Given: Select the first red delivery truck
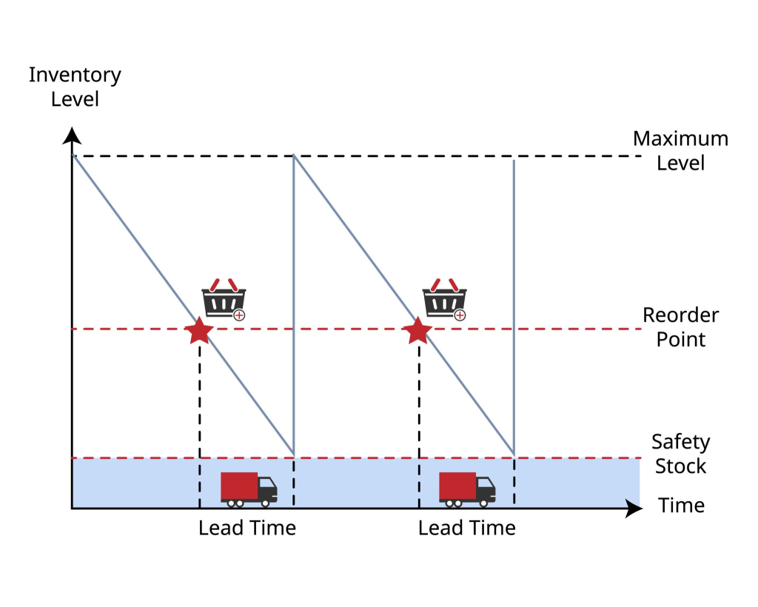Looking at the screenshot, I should coord(249,489).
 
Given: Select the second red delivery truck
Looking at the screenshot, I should coord(467,489).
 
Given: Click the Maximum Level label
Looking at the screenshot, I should coord(680,150).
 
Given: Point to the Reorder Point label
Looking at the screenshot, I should coord(680,327).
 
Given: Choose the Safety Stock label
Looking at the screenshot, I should coord(680,454).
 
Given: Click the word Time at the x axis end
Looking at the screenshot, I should coord(681,506).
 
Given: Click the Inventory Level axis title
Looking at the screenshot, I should coord(75,87).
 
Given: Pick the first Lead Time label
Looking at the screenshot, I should coord(246,529).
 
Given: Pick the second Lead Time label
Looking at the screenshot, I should coord(466,529).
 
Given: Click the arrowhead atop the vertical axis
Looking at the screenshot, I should coord(72,135).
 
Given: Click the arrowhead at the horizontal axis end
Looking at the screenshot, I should coord(634,509).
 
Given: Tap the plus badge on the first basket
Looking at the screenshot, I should coord(239,315).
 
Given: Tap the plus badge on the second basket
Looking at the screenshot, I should coord(460,315).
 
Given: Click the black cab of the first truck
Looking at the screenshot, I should coord(267,489).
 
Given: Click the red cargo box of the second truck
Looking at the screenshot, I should coord(457,486).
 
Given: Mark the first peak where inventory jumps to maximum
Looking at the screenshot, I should coord(294,155).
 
